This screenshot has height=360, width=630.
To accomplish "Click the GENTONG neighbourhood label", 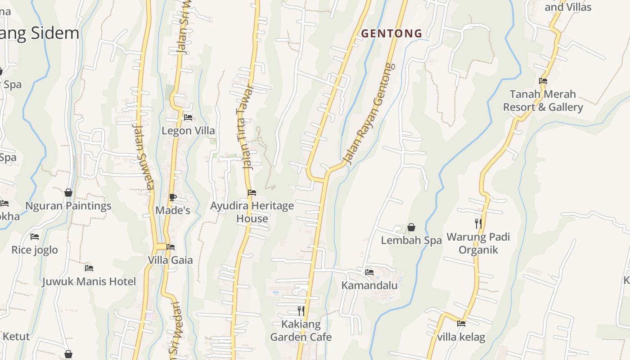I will point(391,33).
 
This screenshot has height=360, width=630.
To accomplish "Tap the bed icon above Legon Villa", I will point(188,117).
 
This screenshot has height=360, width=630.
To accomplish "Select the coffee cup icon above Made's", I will point(172,197).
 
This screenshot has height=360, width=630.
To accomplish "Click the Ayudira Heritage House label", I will point(252,212).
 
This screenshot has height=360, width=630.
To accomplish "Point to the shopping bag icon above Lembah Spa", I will point(411,228).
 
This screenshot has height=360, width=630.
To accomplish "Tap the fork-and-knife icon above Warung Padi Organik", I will point(478,223).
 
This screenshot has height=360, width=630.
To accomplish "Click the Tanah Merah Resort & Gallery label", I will point(543,101).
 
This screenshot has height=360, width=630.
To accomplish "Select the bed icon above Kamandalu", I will point(369,272).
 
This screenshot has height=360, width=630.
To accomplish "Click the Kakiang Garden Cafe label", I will point(301,330).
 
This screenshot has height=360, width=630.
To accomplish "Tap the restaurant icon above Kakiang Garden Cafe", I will point(301,310).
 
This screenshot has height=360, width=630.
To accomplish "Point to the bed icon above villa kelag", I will point(461,323).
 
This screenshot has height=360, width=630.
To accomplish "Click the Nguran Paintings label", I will point(68,206).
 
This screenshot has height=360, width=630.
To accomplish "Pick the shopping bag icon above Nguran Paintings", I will point(68,193).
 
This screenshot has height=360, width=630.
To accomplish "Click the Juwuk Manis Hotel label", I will point(89,282).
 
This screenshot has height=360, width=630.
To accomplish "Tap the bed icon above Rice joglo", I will point(35,237).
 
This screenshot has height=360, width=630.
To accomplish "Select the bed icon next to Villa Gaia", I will point(171,247).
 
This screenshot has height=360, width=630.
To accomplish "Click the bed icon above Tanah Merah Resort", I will point(543,81).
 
